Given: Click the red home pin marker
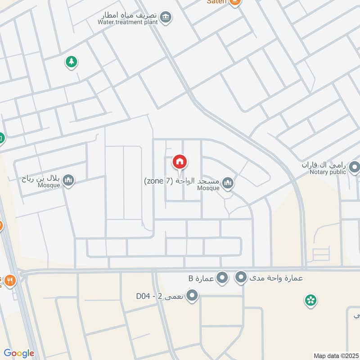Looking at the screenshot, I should click(180, 162).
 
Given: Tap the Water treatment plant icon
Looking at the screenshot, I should click(166, 17).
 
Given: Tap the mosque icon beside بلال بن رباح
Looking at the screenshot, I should click(68, 180).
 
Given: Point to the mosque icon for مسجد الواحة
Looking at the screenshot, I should click(228, 183).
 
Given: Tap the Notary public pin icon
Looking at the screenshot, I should click(355, 168).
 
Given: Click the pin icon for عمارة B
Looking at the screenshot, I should click(222, 279).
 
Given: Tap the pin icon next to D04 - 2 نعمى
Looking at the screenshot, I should click(193, 296).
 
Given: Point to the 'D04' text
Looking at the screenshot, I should click(144, 296).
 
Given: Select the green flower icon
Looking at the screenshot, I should click(310, 300).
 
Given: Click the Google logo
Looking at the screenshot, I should click(19, 353).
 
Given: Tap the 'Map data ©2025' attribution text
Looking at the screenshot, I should click(335, 355).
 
